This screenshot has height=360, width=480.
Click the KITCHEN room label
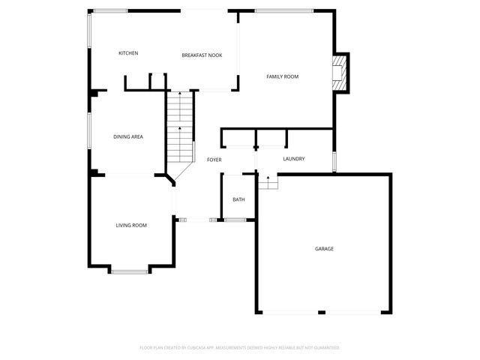click(x=128, y=53)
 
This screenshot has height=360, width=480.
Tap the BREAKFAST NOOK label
click(x=202, y=55)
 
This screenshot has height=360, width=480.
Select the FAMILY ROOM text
click(x=283, y=76)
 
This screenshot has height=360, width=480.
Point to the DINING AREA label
click(x=128, y=136)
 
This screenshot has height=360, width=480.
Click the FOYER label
click(x=214, y=160)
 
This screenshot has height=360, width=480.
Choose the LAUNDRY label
click(x=293, y=159)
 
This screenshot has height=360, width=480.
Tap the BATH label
click(x=238, y=199)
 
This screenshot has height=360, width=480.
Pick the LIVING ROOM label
click(x=131, y=225)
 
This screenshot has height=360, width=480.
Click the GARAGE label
click(x=324, y=248)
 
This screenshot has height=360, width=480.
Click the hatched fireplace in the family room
click(x=341, y=73)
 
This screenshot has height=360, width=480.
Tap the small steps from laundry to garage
click(x=268, y=182)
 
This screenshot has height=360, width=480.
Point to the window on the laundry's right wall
click(x=334, y=161)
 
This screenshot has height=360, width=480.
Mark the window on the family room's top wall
click(x=283, y=11)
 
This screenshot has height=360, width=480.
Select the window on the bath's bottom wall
click(x=235, y=220)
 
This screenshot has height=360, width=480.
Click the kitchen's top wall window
click(x=110, y=10)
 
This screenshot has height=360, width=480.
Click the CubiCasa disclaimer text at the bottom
click(x=240, y=347)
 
